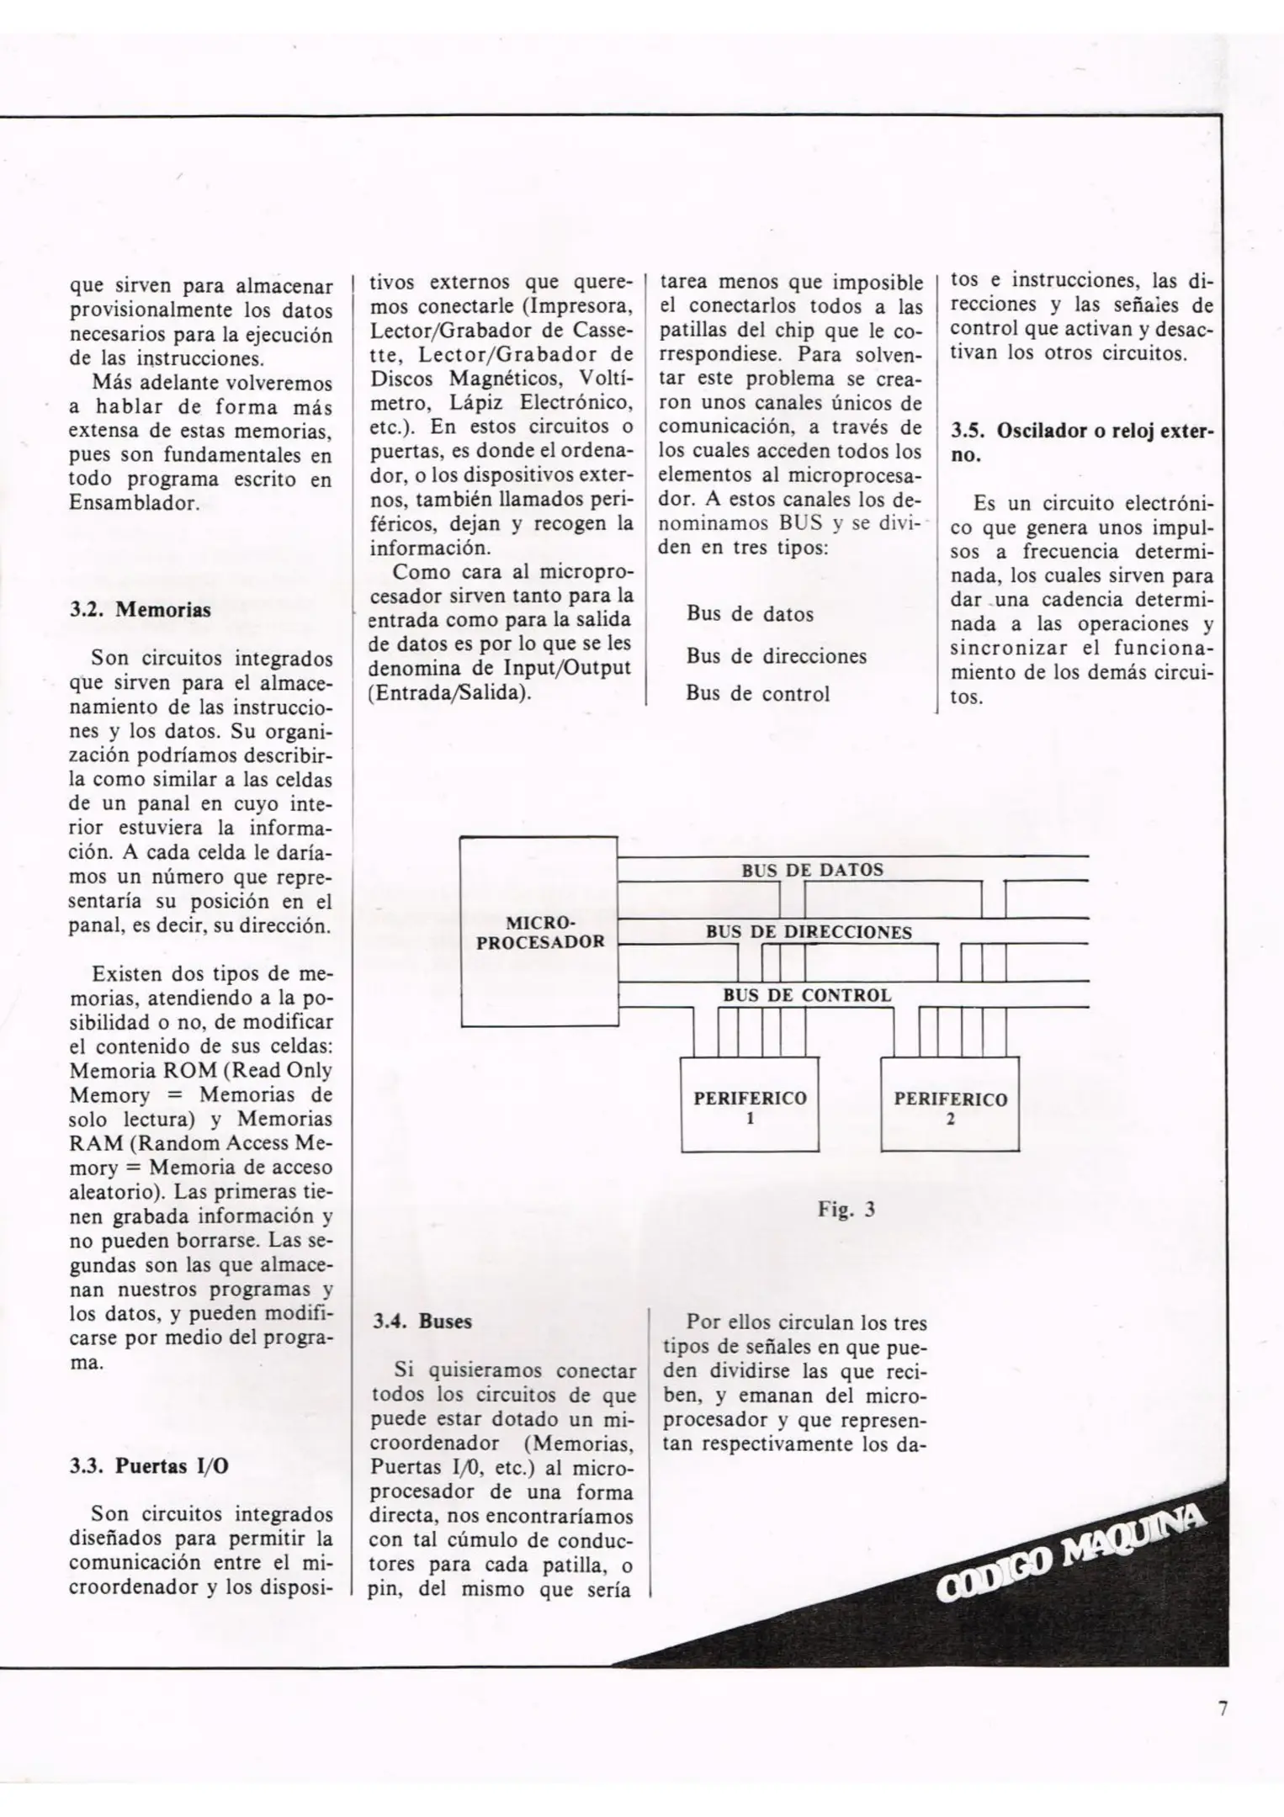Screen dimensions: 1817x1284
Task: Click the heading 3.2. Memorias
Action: click(140, 609)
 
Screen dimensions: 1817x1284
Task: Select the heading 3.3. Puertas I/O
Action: click(150, 1466)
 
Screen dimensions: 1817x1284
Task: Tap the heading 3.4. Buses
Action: click(422, 1321)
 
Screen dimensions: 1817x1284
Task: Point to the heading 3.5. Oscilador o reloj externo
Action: click(1081, 442)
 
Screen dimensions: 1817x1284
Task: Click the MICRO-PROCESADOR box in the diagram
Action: click(539, 932)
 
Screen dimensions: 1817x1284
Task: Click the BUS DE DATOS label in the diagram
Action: click(812, 870)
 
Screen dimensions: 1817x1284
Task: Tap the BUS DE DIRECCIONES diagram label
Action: click(809, 932)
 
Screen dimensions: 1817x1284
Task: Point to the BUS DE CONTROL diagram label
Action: click(807, 995)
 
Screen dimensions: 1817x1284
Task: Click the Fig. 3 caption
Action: click(846, 1210)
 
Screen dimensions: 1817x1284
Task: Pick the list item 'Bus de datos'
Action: click(750, 614)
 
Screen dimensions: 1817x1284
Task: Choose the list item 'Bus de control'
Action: click(757, 693)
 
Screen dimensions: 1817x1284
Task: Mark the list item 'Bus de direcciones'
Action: click(776, 656)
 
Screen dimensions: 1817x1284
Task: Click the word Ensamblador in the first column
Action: click(134, 504)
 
